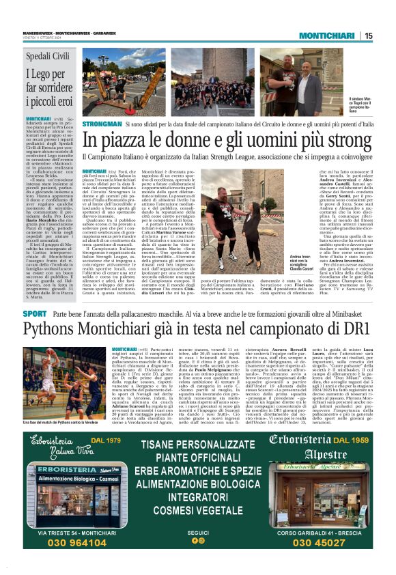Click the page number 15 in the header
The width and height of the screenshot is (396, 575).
[x=369, y=36]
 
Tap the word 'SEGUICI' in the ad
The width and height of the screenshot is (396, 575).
[x=198, y=532]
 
